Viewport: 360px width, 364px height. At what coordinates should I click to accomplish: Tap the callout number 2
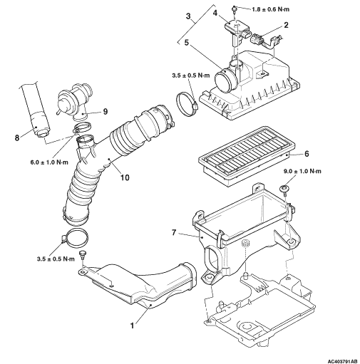click(x=286, y=25)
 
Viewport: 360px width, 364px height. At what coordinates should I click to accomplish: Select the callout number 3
click(x=188, y=16)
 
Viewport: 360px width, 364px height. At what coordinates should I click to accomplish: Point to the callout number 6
click(x=307, y=154)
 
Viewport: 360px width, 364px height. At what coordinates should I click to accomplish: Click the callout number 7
click(x=174, y=233)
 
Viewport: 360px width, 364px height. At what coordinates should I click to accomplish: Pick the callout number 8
click(x=17, y=137)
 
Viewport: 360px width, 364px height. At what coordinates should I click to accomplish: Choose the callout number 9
click(x=105, y=112)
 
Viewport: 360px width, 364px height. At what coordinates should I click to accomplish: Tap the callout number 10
click(x=125, y=177)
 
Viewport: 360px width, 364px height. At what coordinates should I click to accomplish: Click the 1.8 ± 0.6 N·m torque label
click(x=270, y=9)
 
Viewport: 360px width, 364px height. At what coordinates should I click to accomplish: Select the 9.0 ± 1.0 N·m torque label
click(x=302, y=171)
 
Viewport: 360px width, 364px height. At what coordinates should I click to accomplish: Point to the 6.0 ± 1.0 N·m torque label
click(x=49, y=162)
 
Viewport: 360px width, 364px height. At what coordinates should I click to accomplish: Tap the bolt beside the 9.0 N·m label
click(x=284, y=189)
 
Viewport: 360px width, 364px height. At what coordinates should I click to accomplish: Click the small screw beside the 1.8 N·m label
click(x=234, y=9)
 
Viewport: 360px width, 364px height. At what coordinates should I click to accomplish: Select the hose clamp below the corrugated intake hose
click(x=76, y=238)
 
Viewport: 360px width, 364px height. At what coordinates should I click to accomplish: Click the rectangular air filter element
click(x=247, y=155)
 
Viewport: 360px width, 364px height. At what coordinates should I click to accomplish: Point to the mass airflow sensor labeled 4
click(x=236, y=33)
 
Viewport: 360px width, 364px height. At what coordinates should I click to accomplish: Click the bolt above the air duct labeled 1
click(x=83, y=254)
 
